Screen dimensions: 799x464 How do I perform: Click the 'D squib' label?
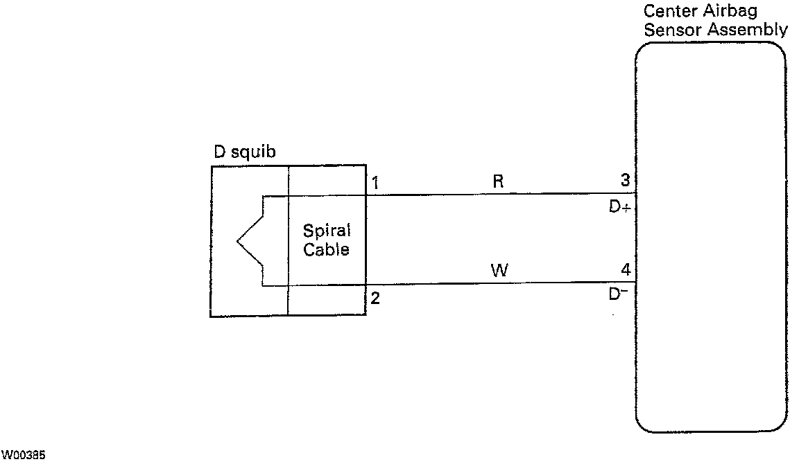click(244, 152)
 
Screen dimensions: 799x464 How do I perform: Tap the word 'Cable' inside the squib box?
click(326, 249)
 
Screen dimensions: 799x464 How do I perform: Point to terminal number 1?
click(375, 184)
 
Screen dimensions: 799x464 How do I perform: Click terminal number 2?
click(375, 299)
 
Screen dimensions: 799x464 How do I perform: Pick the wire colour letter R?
click(497, 182)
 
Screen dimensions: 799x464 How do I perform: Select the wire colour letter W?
click(499, 271)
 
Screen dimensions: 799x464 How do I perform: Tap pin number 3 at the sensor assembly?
click(625, 181)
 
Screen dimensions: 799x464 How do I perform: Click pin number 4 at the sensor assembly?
click(625, 270)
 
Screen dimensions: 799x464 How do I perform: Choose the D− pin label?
click(617, 294)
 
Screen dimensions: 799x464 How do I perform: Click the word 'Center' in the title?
click(667, 12)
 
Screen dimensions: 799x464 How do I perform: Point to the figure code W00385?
click(23, 455)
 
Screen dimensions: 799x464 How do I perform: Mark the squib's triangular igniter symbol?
click(250, 241)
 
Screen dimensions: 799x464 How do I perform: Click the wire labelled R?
click(499, 194)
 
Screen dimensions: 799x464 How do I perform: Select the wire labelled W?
click(499, 283)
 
